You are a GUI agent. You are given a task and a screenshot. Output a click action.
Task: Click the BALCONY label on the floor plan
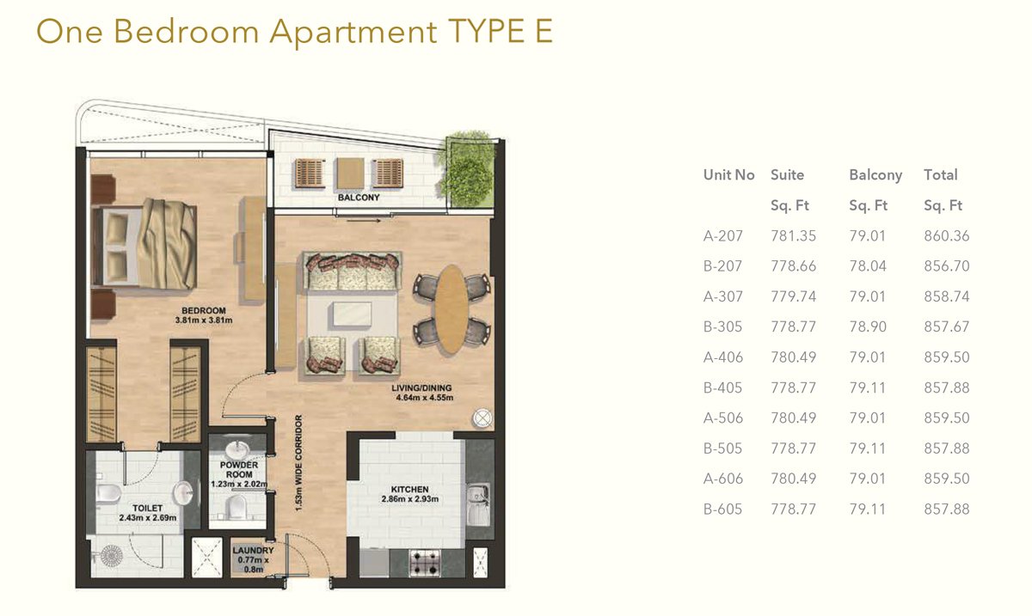(359, 198)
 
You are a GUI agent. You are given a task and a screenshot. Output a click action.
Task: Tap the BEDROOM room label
(203, 311)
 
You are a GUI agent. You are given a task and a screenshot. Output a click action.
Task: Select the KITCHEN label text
(409, 490)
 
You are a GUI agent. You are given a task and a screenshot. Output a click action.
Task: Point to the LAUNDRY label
(253, 550)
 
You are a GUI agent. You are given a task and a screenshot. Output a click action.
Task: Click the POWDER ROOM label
(239, 470)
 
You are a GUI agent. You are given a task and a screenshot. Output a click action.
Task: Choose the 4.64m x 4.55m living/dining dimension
(424, 398)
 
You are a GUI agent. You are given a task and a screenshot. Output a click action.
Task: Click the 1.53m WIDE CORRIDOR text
(299, 463)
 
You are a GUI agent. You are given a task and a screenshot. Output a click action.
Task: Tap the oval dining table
(451, 309)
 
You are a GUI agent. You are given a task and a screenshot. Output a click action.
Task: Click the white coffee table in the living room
(350, 315)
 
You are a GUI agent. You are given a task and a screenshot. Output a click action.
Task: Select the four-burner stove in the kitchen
(425, 562)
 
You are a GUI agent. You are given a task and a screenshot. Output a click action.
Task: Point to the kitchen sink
(479, 504)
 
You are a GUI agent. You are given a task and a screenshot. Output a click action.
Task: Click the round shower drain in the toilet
(112, 556)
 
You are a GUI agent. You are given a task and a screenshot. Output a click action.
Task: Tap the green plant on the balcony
(465, 170)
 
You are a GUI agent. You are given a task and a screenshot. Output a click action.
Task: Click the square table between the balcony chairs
(350, 173)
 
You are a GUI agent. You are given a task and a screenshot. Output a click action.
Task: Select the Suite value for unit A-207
(793, 235)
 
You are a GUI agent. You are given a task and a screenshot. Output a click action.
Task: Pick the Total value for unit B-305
(946, 326)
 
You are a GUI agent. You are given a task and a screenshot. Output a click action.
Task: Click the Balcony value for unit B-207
(868, 266)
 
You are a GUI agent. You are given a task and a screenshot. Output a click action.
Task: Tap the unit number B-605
(722, 509)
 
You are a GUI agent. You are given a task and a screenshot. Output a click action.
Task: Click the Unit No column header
(728, 175)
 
